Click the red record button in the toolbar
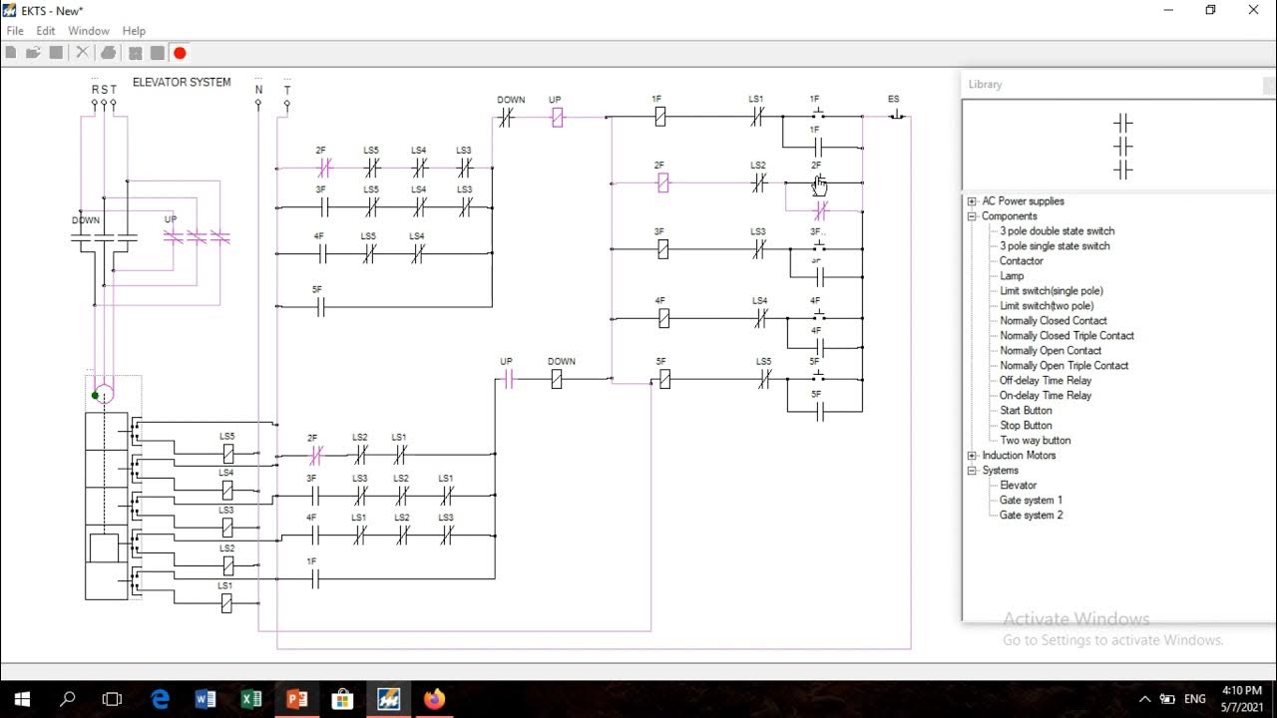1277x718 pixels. tap(180, 53)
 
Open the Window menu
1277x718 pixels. tap(89, 31)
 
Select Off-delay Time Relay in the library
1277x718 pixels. tap(1046, 380)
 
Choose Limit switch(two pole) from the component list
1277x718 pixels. tap(1047, 305)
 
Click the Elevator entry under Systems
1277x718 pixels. tap(1018, 485)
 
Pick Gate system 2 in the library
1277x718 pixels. tap(1031, 515)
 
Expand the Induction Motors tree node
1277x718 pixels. tap(972, 456)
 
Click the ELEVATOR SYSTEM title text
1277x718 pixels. tap(182, 83)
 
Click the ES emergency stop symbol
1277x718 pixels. tap(895, 116)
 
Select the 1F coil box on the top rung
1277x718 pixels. tap(659, 117)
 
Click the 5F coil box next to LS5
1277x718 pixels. tap(664, 379)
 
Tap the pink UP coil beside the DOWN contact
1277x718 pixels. tap(558, 118)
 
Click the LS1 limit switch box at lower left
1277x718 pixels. tap(226, 602)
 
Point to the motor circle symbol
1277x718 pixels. tap(104, 394)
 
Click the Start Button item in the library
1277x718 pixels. tap(1026, 410)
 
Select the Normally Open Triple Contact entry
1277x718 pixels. tap(1064, 365)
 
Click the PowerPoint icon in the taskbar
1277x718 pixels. tap(296, 699)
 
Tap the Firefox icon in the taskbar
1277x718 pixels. tap(433, 699)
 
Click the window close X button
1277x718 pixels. tap(1253, 10)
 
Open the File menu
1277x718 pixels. tap(15, 31)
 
